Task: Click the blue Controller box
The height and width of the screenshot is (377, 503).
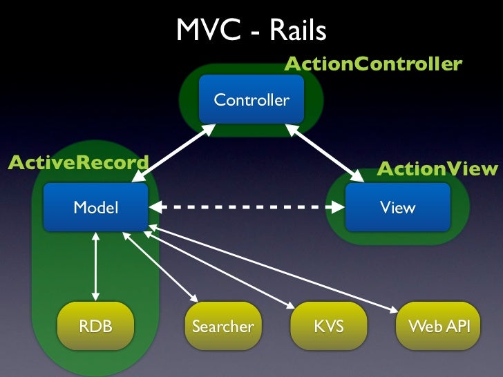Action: [x=251, y=99]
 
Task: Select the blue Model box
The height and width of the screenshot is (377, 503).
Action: [x=96, y=207]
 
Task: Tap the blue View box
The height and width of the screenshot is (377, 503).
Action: [x=398, y=207]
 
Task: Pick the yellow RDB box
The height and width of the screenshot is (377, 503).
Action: [x=95, y=326]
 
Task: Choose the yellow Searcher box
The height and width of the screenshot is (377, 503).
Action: [x=223, y=326]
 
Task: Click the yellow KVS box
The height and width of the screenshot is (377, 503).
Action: [x=329, y=326]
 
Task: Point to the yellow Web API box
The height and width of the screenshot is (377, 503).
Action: [x=439, y=326]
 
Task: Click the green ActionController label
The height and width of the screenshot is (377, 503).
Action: [x=373, y=64]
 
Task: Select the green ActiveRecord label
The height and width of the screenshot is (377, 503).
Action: [x=78, y=162]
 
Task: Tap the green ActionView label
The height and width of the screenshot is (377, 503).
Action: [x=437, y=168]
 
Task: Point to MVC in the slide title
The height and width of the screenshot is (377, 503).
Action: [x=209, y=30]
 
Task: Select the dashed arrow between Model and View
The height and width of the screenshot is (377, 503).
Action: [x=247, y=207]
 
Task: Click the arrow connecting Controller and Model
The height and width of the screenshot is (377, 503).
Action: [x=174, y=153]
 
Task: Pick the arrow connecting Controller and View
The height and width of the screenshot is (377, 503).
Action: [x=324, y=153]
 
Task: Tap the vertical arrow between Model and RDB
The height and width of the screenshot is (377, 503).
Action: [x=95, y=267]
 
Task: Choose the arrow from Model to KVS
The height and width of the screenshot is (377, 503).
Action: [x=219, y=270]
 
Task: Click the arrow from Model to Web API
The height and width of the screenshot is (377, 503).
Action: [x=274, y=269]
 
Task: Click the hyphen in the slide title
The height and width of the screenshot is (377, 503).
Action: [x=255, y=32]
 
